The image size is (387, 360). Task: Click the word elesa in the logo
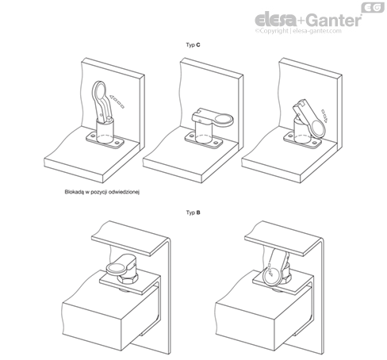click(x=276, y=20)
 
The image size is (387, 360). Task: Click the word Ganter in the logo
click(x=335, y=20)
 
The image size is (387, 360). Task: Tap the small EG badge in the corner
click(x=373, y=8)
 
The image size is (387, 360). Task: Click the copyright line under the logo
click(x=298, y=31)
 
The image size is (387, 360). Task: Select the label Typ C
click(x=193, y=45)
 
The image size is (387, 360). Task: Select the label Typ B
click(x=193, y=213)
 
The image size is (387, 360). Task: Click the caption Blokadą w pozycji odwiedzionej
click(x=102, y=192)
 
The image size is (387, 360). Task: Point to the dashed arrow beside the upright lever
click(x=117, y=101)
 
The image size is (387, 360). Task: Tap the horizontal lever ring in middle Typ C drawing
click(x=224, y=120)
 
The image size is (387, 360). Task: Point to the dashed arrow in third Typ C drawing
click(x=324, y=116)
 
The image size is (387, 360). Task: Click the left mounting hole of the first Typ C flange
click(x=93, y=136)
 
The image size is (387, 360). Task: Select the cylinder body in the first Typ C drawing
click(x=105, y=130)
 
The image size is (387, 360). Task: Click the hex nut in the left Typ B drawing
click(x=128, y=278)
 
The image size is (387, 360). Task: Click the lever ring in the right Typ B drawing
click(x=272, y=275)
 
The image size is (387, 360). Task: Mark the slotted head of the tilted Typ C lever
click(x=301, y=106)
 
